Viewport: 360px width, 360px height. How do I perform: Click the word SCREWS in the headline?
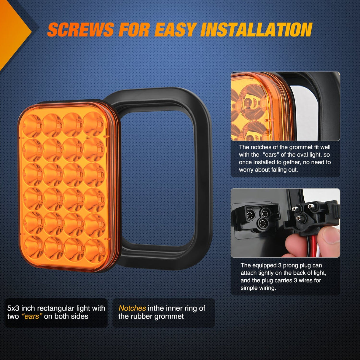[x=81, y=30]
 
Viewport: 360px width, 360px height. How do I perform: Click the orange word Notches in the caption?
[x=132, y=308]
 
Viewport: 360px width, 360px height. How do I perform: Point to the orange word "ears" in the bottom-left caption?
[x=32, y=316]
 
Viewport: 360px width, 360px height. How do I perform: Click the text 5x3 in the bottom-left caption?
[x=13, y=308]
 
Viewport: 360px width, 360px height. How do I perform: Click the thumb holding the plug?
[x=328, y=235]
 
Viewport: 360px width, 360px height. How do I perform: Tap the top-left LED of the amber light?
[x=32, y=125]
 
